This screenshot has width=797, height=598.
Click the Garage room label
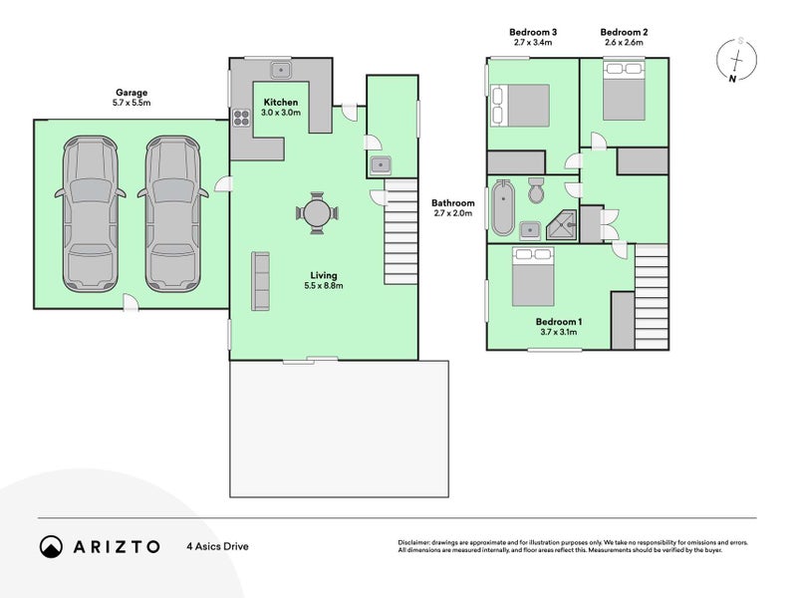pyautogui.click(x=132, y=98)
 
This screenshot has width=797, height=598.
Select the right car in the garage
pyautogui.click(x=173, y=214)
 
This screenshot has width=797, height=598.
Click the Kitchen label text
pyautogui.click(x=279, y=103)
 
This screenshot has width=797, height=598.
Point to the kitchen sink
pyautogui.click(x=283, y=70)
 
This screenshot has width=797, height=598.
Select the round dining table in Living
pyautogui.click(x=316, y=212)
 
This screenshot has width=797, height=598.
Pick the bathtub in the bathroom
pyautogui.click(x=501, y=209)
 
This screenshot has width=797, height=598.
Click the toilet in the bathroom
pyautogui.click(x=534, y=191)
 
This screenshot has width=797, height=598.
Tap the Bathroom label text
pyautogui.click(x=453, y=206)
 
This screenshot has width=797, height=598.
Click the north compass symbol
pyautogui.click(x=738, y=59)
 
